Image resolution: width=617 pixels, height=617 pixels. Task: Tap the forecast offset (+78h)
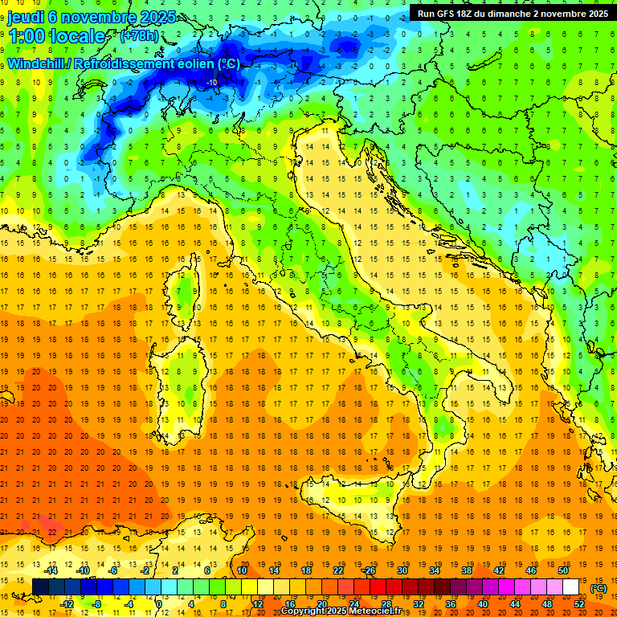pyautogui.click(x=139, y=36)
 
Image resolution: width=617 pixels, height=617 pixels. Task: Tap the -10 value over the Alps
pyautogui.click(x=212, y=82)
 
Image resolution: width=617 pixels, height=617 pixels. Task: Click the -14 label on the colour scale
pyautogui.click(x=52, y=570)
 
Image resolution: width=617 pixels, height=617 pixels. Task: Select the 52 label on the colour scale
pyautogui.click(x=579, y=604)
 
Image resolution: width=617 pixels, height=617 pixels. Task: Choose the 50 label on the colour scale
pyautogui.click(x=563, y=570)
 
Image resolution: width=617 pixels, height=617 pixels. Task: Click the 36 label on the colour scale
pyautogui.click(x=451, y=604)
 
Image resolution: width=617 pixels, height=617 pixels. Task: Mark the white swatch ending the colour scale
pyautogui.click(x=570, y=587)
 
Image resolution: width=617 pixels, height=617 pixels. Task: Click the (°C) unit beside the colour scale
pyautogui.click(x=599, y=588)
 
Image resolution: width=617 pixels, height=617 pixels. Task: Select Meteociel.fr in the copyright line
pyautogui.click(x=381, y=611)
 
